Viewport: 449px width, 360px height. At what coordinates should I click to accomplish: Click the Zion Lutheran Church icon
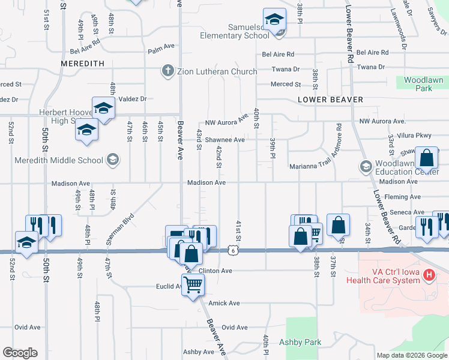[169, 71]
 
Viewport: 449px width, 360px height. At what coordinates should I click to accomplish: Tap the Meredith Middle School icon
[112, 160]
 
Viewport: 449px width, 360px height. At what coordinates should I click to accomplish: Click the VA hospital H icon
[429, 275]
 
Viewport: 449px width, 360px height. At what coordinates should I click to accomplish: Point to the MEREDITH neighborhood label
[83, 63]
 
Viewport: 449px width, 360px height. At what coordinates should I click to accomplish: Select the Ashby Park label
[300, 343]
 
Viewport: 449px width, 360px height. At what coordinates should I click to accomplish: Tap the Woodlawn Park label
[423, 84]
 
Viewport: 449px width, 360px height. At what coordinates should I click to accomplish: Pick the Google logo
[20, 353]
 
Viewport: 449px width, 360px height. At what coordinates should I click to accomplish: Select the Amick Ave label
[223, 304]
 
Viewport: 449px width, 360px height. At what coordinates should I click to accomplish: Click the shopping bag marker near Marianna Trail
[427, 159]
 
